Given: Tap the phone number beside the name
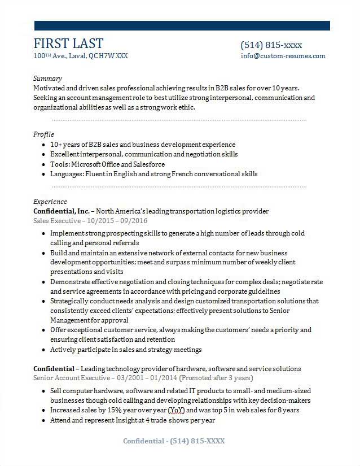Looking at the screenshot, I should click(x=271, y=45).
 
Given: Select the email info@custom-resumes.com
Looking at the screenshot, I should click(x=283, y=56).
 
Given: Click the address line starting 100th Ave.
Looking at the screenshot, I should click(x=81, y=56).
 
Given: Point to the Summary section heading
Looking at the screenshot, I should click(x=47, y=78).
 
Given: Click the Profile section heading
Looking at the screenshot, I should click(x=43, y=134).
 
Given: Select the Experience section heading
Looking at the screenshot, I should click(x=50, y=201).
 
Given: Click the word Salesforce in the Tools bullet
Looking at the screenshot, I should click(x=149, y=164).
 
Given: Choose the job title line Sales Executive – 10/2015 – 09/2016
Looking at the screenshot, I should click(x=90, y=220).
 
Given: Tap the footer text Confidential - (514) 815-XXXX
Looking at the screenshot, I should click(x=174, y=441).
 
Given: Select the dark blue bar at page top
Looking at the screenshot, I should click(x=182, y=25).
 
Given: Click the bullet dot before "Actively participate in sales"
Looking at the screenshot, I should click(x=44, y=350).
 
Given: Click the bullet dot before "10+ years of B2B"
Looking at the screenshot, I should click(x=44, y=145).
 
